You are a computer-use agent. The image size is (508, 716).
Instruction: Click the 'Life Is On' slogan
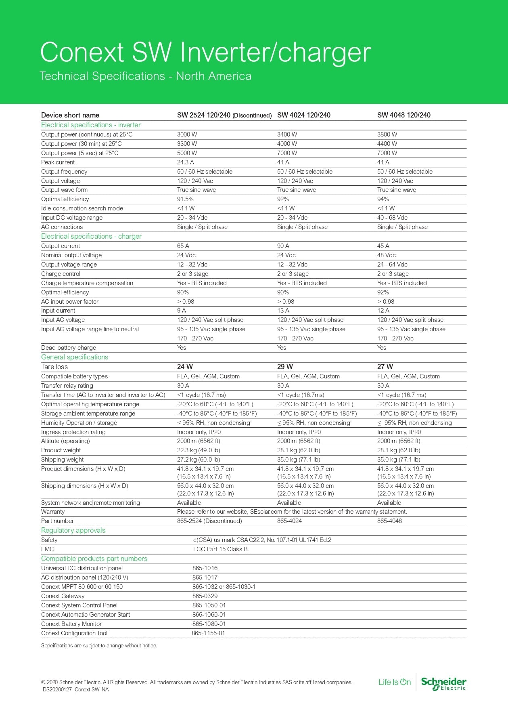click(x=394, y=682)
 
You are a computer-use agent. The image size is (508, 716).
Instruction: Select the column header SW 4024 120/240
click(x=303, y=115)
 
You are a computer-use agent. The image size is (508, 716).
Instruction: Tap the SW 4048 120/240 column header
click(x=403, y=115)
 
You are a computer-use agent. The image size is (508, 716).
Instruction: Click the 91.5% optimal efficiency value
click(x=185, y=199)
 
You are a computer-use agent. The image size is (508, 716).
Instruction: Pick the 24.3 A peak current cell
click(x=185, y=162)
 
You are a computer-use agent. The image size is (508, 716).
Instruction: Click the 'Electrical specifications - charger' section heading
click(x=91, y=236)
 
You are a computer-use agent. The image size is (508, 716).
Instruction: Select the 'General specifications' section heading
click(x=75, y=357)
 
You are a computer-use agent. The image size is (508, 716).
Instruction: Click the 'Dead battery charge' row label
click(x=69, y=348)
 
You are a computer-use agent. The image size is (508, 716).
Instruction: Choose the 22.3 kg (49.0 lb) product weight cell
click(x=199, y=450)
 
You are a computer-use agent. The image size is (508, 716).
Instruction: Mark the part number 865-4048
click(x=389, y=521)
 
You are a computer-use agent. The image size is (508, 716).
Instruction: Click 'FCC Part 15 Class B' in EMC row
click(x=220, y=549)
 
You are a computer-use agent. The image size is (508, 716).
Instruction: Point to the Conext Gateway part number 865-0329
click(x=205, y=596)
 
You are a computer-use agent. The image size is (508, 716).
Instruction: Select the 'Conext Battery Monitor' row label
click(x=71, y=624)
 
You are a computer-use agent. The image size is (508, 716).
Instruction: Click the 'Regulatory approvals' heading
click(x=73, y=530)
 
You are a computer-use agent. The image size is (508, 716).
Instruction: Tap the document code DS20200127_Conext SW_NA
click(x=75, y=689)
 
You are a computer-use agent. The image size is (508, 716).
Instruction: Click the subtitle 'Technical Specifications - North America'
click(x=145, y=76)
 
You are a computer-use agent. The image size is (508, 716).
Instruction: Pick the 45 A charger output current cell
click(x=383, y=246)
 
